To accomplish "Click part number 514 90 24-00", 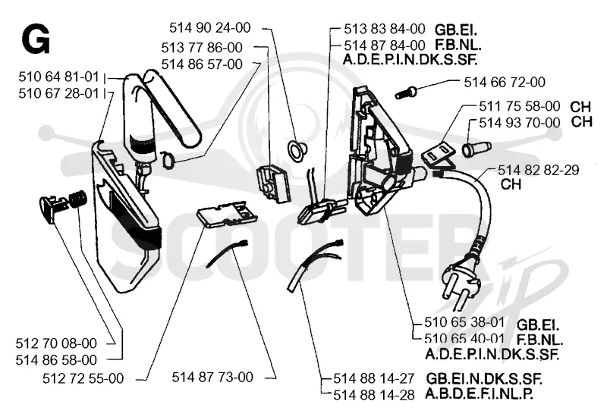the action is pos(210,27).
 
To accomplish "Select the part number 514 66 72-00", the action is pos(505,82).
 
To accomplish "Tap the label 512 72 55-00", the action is pos(83,378).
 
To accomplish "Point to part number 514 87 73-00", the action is pos(212,377).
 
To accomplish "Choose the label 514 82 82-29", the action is pos(539,170).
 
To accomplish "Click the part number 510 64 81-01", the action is pos(59,77).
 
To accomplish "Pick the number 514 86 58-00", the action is pos(56,359).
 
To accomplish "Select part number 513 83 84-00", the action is pos(385,29).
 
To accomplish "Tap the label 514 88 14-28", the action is pos(374,395).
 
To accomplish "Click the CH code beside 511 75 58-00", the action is pos(580,106).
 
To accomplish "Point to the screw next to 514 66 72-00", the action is pos(406,92).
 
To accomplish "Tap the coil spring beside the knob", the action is pos(78,199).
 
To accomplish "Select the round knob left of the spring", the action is pos(52,207).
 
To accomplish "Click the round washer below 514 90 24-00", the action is pos(297,149).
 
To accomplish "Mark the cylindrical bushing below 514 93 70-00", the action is pos(477,148).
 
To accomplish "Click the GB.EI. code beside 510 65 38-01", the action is pos(538,324).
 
